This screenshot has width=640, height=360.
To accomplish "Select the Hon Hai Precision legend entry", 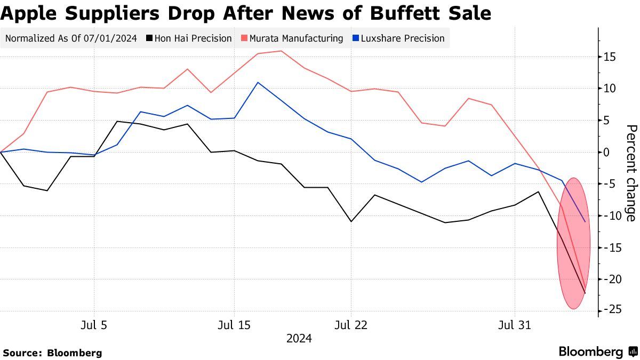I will pyautogui.click(x=193, y=38).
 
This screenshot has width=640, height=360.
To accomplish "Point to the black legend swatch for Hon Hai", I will pyautogui.click(x=150, y=38).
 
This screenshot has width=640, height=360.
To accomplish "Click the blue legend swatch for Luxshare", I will pyautogui.click(x=356, y=38).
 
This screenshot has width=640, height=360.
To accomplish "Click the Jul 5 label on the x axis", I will pyautogui.click(x=94, y=325).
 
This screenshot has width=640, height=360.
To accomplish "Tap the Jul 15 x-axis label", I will pyautogui.click(x=234, y=325).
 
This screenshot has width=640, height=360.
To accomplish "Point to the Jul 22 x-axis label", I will pyautogui.click(x=351, y=325).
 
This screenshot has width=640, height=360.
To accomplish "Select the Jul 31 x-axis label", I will pyautogui.click(x=515, y=325).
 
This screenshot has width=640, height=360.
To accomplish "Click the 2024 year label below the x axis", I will pyautogui.click(x=299, y=339).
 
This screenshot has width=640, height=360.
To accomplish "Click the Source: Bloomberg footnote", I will pyautogui.click(x=52, y=353).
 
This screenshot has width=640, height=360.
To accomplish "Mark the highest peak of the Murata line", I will pyautogui.click(x=281, y=51).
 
